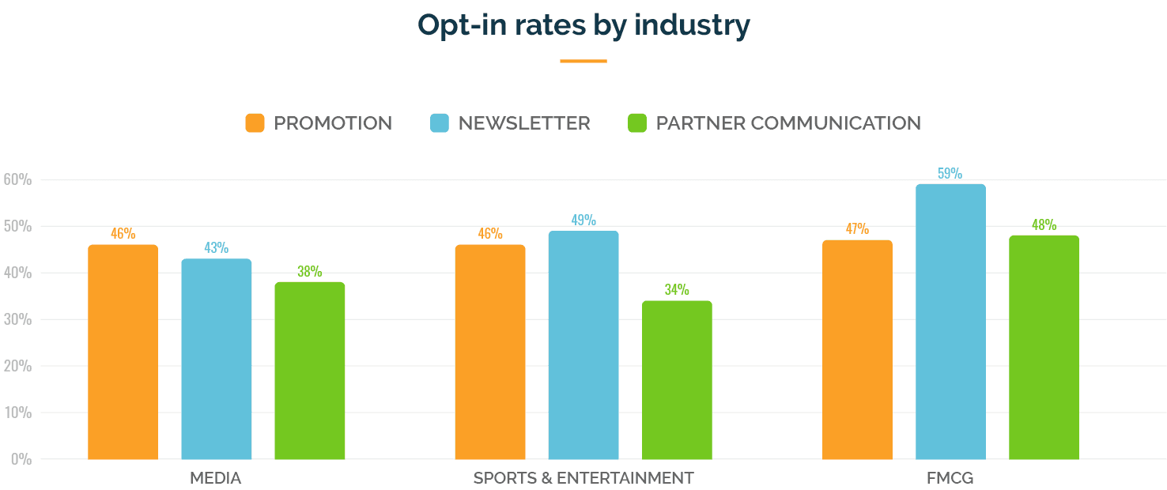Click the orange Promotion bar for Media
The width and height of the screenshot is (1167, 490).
[x=123, y=352]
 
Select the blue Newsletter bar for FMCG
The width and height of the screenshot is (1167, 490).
[x=950, y=322]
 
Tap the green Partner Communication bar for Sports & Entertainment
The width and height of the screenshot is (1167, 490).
[x=677, y=380]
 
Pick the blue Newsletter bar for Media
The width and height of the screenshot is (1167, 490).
[x=216, y=359]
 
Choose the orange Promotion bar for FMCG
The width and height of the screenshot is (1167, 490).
[x=857, y=350]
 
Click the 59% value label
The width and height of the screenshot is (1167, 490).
[x=950, y=173]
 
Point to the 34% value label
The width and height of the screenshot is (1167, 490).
[x=676, y=289]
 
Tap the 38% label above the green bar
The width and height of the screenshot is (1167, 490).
[x=309, y=271]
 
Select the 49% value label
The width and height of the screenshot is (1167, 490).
[x=583, y=220]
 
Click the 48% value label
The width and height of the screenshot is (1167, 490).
[x=1044, y=224]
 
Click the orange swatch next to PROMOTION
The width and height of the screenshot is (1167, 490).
[x=255, y=123]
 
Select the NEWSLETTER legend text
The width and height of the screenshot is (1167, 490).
[x=523, y=123]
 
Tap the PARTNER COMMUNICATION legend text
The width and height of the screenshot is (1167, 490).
[x=787, y=123]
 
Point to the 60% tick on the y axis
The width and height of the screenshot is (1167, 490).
[x=17, y=179]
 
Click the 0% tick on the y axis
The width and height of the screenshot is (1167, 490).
[x=20, y=458]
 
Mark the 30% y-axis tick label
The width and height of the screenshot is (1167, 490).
[x=17, y=319]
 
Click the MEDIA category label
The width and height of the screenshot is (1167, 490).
[x=215, y=478]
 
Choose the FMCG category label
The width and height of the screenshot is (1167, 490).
[x=950, y=478]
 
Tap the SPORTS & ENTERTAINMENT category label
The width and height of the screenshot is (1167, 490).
[x=583, y=478]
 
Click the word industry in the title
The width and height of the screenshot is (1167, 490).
[x=692, y=25]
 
